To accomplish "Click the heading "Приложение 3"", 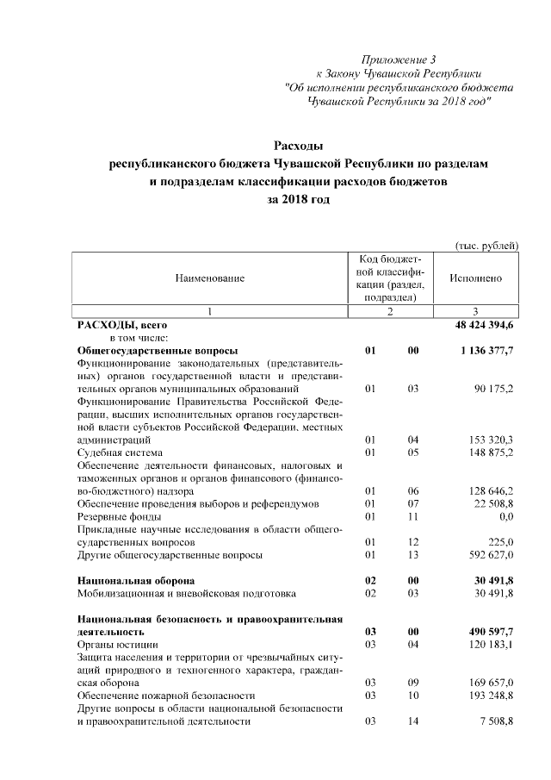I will tap(399, 59).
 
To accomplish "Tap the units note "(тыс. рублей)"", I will tap(486, 245).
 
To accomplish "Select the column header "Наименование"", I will tap(210, 278).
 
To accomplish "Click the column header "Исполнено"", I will tap(475, 278).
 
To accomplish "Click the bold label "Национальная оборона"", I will tap(135, 581).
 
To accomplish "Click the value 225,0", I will tap(500, 542).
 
